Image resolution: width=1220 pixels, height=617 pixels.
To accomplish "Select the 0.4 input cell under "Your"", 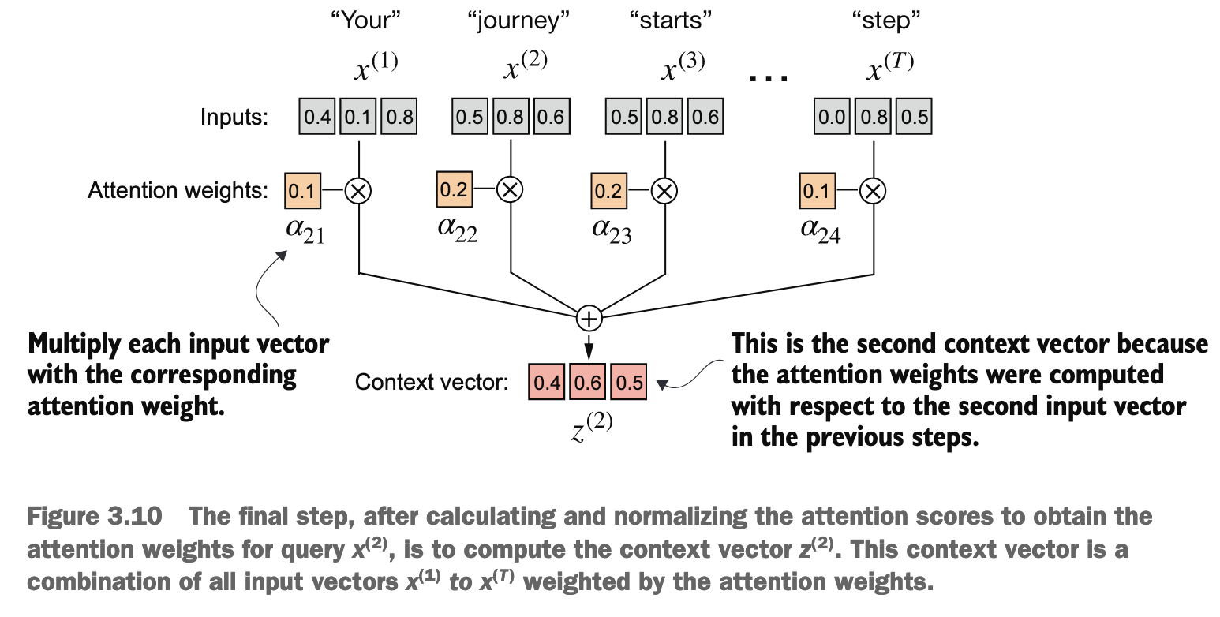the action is click(317, 117).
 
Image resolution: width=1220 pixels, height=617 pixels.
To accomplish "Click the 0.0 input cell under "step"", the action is click(832, 117).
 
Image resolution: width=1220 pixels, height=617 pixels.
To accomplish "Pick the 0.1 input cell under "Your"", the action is click(357, 117).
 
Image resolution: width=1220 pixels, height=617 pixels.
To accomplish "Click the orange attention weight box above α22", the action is click(455, 189).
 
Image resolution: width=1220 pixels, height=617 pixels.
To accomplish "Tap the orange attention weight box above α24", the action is click(817, 191).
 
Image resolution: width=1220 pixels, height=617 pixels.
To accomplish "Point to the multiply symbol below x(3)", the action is click(664, 191).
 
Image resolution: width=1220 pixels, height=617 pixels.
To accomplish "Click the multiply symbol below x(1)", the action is click(358, 191).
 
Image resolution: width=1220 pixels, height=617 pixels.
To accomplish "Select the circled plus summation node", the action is click(589, 319).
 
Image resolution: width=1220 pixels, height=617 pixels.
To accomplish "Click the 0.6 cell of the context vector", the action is click(588, 382).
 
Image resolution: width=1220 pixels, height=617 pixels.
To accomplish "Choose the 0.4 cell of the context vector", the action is click(547, 382).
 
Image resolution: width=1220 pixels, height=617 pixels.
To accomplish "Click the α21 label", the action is click(305, 231).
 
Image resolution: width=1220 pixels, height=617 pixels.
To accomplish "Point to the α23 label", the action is click(612, 231).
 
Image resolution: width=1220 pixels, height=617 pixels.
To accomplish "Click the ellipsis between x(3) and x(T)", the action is click(769, 79).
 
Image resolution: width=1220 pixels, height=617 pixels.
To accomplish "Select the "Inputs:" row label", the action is click(234, 117).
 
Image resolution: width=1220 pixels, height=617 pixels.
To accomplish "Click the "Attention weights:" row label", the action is click(178, 191).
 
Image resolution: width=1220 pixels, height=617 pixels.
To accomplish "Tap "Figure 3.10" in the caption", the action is click(95, 516).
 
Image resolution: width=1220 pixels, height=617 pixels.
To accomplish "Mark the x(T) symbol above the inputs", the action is click(890, 67).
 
